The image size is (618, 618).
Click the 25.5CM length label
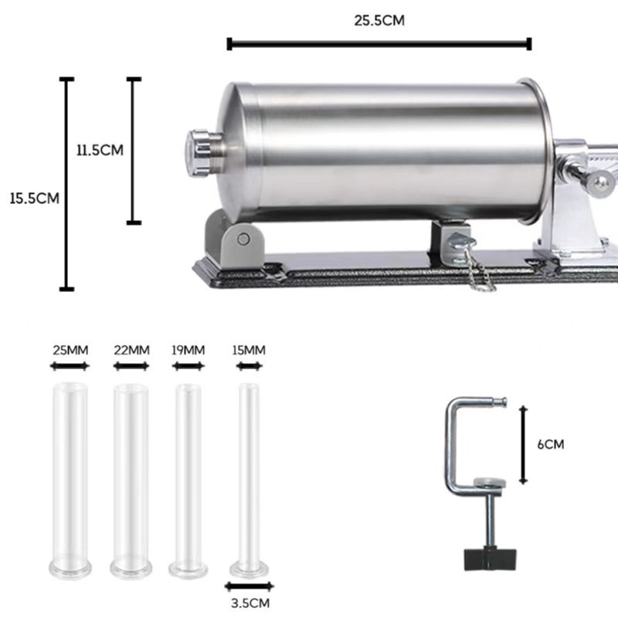tap(379, 21)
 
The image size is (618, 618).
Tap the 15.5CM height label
tap(34, 198)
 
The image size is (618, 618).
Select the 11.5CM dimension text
tap(100, 150)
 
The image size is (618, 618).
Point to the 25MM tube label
tap(70, 350)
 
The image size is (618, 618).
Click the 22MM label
tap(131, 350)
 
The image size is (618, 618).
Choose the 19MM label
tap(188, 350)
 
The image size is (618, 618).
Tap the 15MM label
tap(249, 350)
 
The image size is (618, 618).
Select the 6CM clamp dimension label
tap(551, 444)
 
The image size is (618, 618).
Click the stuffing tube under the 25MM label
tap(70, 479)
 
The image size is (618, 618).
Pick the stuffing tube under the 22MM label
tap(131, 479)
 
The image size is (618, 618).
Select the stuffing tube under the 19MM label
tap(188, 479)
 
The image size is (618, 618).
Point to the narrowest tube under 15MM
tap(250, 479)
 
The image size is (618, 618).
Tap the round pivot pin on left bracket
tap(245, 239)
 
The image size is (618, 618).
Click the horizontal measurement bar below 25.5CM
tap(379, 44)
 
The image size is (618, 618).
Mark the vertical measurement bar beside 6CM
tap(524, 443)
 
